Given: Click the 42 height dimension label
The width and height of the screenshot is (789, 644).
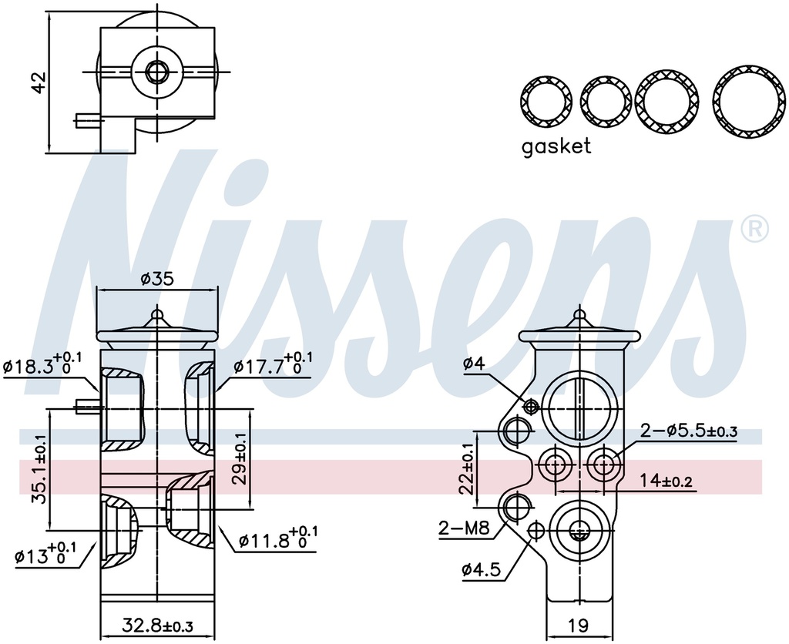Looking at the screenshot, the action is (x=39, y=82).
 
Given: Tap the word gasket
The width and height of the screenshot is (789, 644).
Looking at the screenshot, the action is (x=556, y=146).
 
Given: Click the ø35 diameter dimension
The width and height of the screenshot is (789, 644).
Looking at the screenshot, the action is (x=157, y=278).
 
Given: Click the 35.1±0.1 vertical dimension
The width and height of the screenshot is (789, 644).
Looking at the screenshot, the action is (x=39, y=469).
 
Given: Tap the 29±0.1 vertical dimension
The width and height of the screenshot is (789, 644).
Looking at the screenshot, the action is (x=240, y=459).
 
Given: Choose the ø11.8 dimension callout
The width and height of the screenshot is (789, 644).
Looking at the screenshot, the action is (x=277, y=538).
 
